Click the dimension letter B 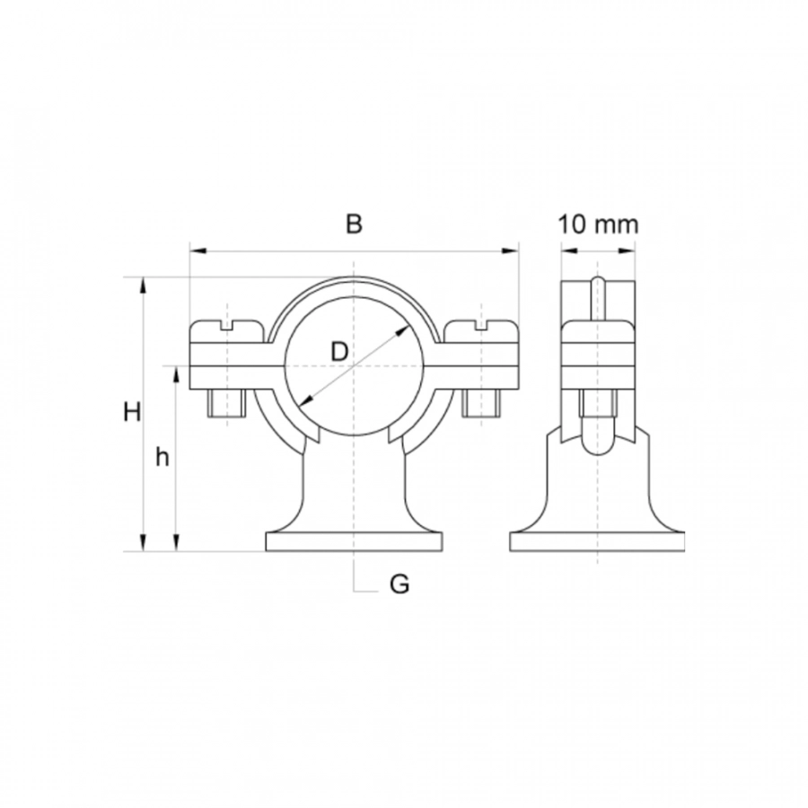(354, 224)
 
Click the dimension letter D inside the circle (339, 352)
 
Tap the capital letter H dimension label (133, 412)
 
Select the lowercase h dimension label (162, 456)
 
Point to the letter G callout (400, 584)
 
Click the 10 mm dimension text (599, 224)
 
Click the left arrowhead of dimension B (198, 251)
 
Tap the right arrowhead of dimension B (510, 251)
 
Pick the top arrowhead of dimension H (144, 285)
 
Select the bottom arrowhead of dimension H (144, 542)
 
